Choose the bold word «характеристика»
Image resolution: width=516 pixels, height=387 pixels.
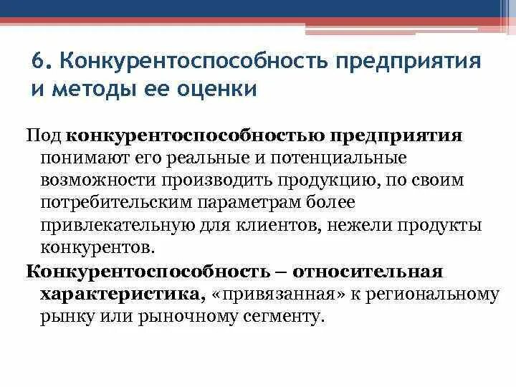(120, 294)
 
